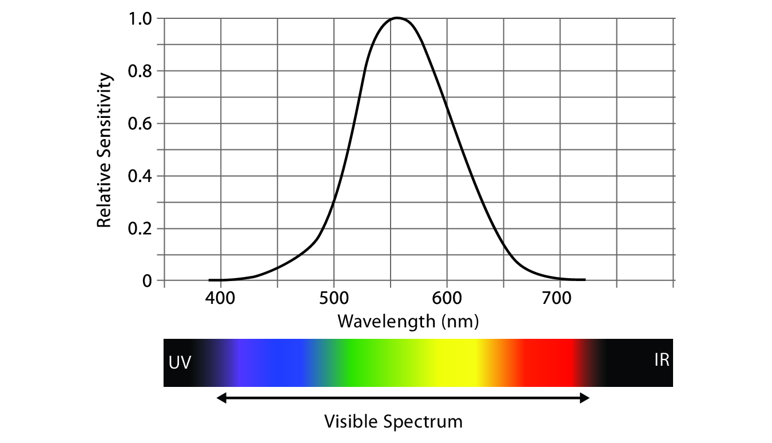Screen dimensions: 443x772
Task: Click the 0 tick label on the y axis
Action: tap(148, 281)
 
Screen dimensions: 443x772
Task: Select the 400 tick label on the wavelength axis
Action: tap(221, 299)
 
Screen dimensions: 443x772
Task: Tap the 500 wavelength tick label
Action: tap(334, 299)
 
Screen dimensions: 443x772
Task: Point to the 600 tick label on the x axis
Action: tap(447, 299)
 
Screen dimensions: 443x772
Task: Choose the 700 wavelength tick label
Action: tap(559, 299)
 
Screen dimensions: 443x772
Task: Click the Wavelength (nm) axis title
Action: tap(407, 321)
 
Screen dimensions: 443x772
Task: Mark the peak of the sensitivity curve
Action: tap(397, 18)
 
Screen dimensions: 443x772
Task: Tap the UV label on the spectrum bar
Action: tap(180, 363)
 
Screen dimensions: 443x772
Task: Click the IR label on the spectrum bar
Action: tap(661, 361)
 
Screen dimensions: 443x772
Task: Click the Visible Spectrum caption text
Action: tap(393, 422)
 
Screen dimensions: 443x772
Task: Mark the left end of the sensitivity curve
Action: tap(209, 280)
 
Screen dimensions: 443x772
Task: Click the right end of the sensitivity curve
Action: tap(585, 280)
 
